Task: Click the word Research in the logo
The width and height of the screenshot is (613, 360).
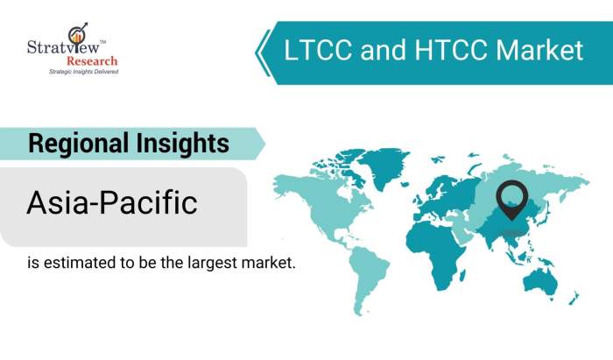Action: pyautogui.click(x=93, y=61)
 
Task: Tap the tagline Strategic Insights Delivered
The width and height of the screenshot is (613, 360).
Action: pyautogui.click(x=82, y=71)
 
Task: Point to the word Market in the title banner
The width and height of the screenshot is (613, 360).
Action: pyautogui.click(x=533, y=51)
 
